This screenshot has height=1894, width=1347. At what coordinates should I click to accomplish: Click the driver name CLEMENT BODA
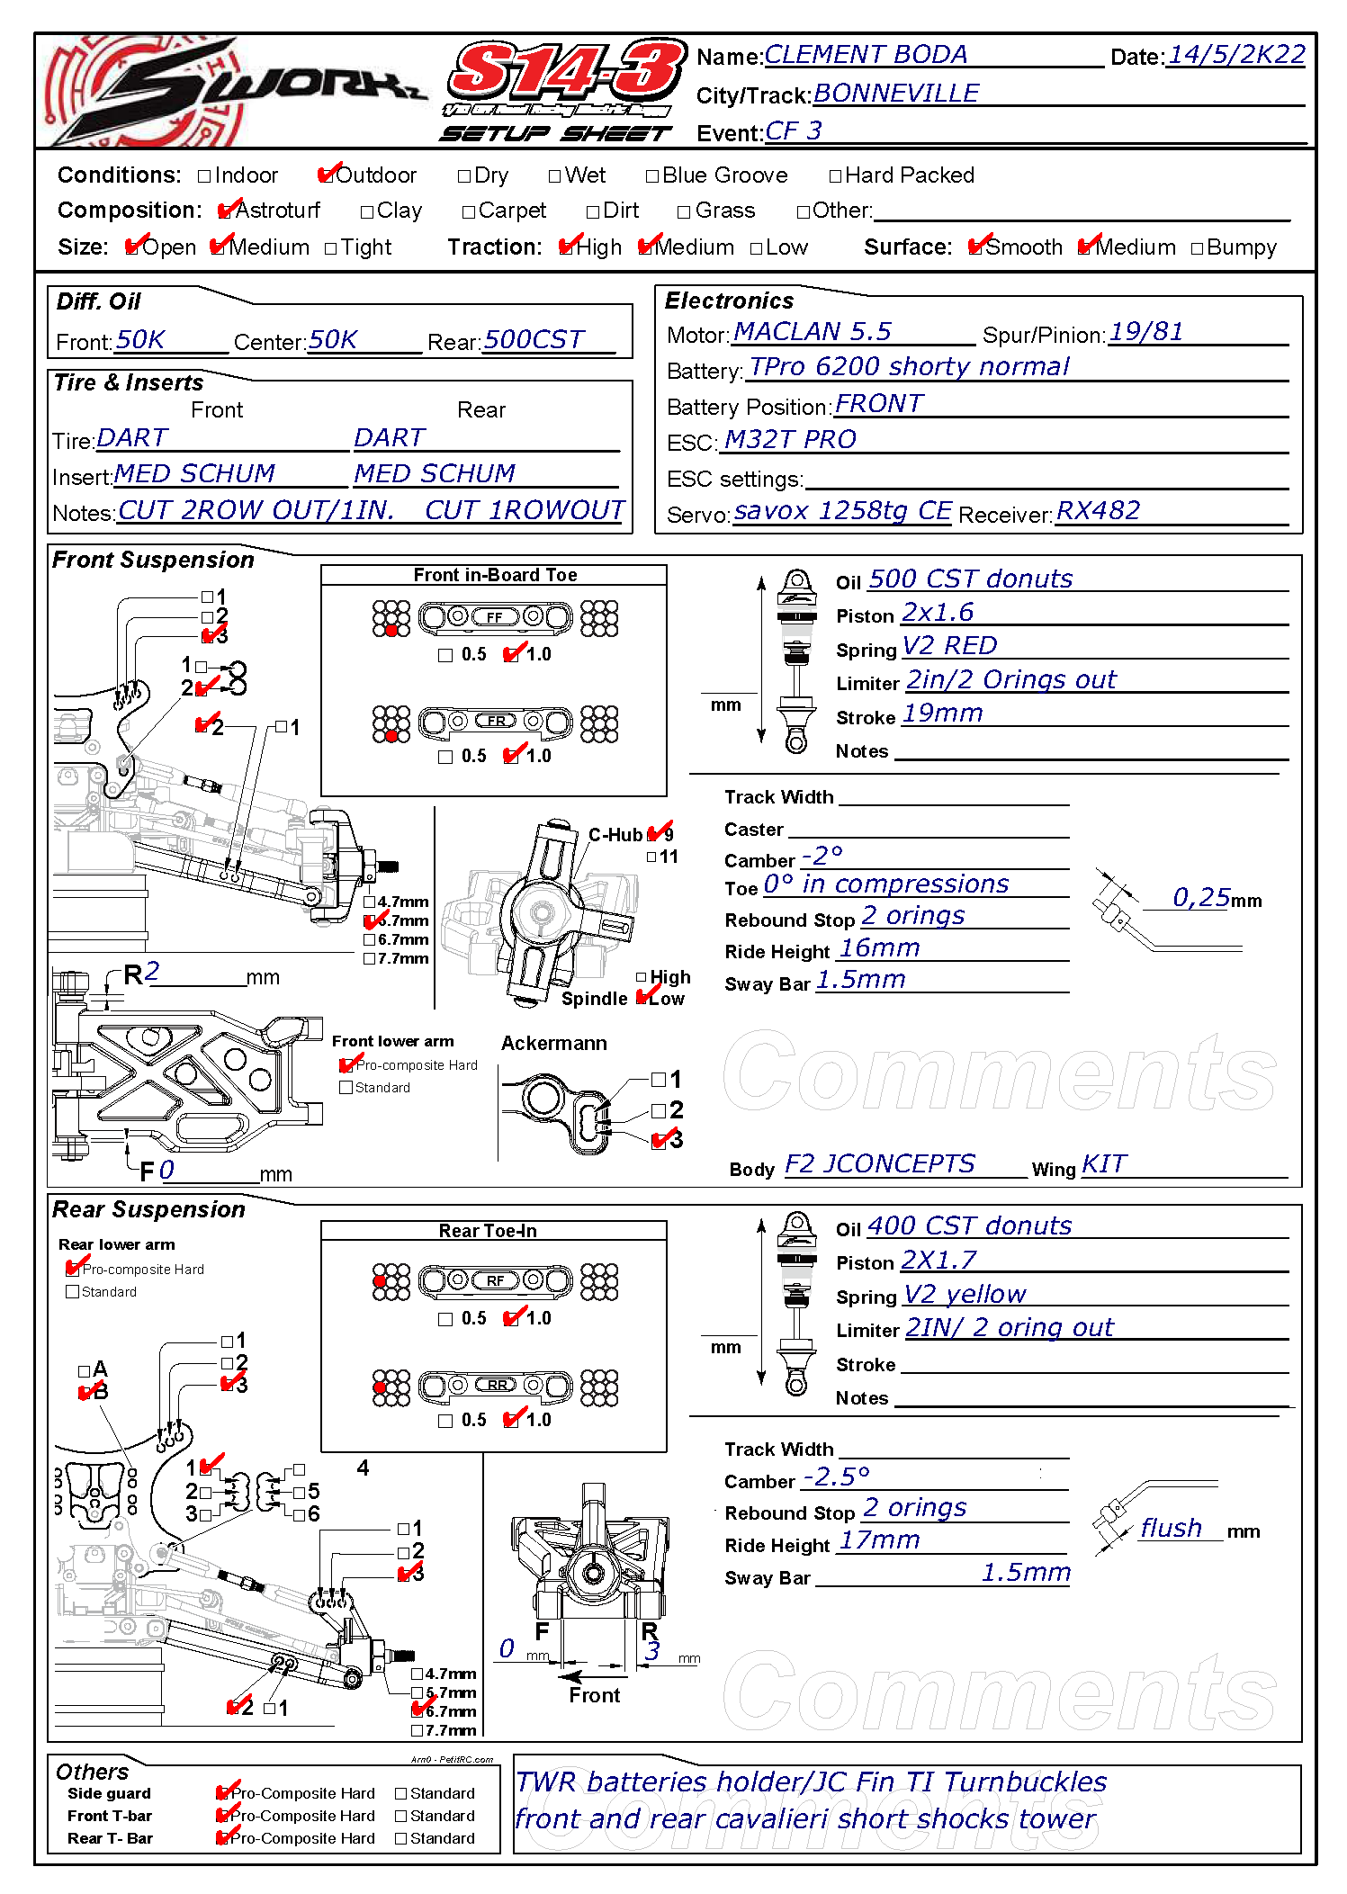[x=866, y=55]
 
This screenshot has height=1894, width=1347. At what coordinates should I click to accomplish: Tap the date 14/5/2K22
[x=1235, y=55]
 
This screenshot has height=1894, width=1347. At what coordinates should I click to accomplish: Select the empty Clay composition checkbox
[x=366, y=212]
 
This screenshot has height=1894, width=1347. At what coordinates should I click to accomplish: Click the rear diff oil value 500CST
[x=534, y=340]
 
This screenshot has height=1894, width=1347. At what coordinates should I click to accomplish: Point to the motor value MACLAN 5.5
[x=812, y=332]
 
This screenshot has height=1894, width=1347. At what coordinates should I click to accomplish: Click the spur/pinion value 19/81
[x=1145, y=332]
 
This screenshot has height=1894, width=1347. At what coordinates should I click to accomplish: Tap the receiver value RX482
[x=1098, y=511]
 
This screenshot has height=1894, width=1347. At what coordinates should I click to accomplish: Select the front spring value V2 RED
[x=949, y=646]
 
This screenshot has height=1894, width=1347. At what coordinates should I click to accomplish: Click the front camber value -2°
[x=822, y=855]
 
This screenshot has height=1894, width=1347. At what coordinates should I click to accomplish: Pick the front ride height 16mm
[x=879, y=948]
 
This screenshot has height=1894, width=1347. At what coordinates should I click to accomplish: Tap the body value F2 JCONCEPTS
[x=879, y=1164]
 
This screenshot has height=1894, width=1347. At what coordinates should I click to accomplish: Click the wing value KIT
[x=1103, y=1164]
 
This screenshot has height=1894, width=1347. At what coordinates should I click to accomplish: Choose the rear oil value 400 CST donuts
[x=969, y=1226]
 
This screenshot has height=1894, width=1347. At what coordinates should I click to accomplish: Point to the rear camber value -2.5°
[x=836, y=1477]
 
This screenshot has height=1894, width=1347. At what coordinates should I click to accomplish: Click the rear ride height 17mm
[x=879, y=1541]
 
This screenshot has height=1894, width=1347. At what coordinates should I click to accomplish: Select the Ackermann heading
[x=553, y=1044]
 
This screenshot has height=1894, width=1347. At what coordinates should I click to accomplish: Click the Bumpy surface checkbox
[x=1197, y=249]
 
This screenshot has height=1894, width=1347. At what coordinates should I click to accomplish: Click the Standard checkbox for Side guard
[x=401, y=1794]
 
